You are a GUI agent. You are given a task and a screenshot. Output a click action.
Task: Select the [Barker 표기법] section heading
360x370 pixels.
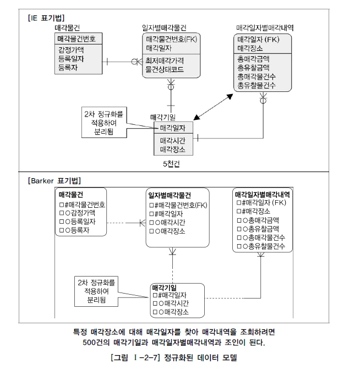coord(53,180)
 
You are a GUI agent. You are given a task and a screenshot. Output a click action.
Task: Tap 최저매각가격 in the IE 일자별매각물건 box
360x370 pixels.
coord(165,60)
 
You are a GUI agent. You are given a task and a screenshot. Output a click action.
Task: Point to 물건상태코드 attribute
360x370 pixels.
coord(164,70)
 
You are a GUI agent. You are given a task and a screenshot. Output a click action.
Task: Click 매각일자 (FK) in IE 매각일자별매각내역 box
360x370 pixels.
coord(258,40)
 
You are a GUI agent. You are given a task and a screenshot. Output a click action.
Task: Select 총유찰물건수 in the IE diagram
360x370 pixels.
coord(257,86)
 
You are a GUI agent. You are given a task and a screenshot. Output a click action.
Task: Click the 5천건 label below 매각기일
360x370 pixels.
coord(171,164)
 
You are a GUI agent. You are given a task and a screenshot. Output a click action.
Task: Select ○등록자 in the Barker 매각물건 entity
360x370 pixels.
coord(77,230)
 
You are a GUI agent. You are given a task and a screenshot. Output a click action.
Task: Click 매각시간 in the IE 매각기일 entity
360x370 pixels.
coord(172,141)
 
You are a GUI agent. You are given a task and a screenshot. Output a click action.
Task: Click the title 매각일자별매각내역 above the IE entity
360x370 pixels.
coord(264,27)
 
